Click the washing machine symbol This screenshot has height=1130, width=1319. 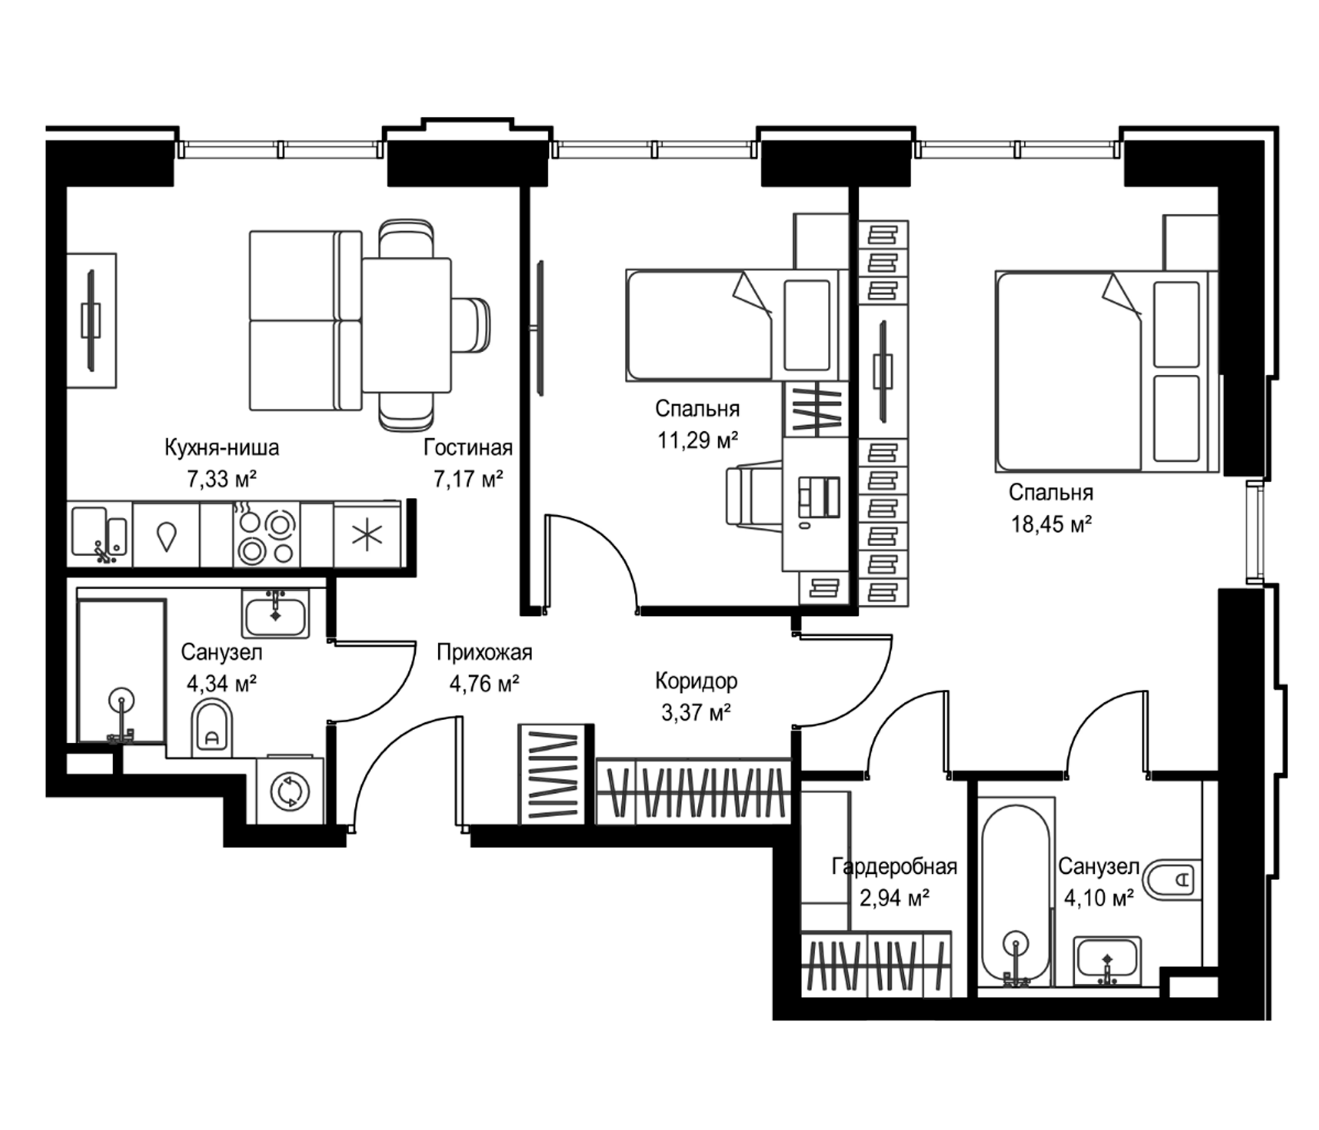290,791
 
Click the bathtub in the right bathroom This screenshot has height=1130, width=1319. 1016,896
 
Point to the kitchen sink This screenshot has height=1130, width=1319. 100,533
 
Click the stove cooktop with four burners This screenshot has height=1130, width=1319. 266,533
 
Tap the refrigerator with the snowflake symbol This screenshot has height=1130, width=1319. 367,533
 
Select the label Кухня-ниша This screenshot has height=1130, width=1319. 222,448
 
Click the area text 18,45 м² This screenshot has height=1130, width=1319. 1051,524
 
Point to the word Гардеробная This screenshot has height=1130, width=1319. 894,867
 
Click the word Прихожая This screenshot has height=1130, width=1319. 484,653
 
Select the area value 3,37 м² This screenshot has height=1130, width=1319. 696,713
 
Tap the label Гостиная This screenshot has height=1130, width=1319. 468,448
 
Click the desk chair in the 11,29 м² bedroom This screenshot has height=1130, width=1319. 754,497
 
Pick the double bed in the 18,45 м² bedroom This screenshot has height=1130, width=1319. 1106,372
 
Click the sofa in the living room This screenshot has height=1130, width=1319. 305,320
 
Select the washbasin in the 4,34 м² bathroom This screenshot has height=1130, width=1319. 276,613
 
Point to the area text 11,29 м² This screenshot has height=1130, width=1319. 698,440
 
